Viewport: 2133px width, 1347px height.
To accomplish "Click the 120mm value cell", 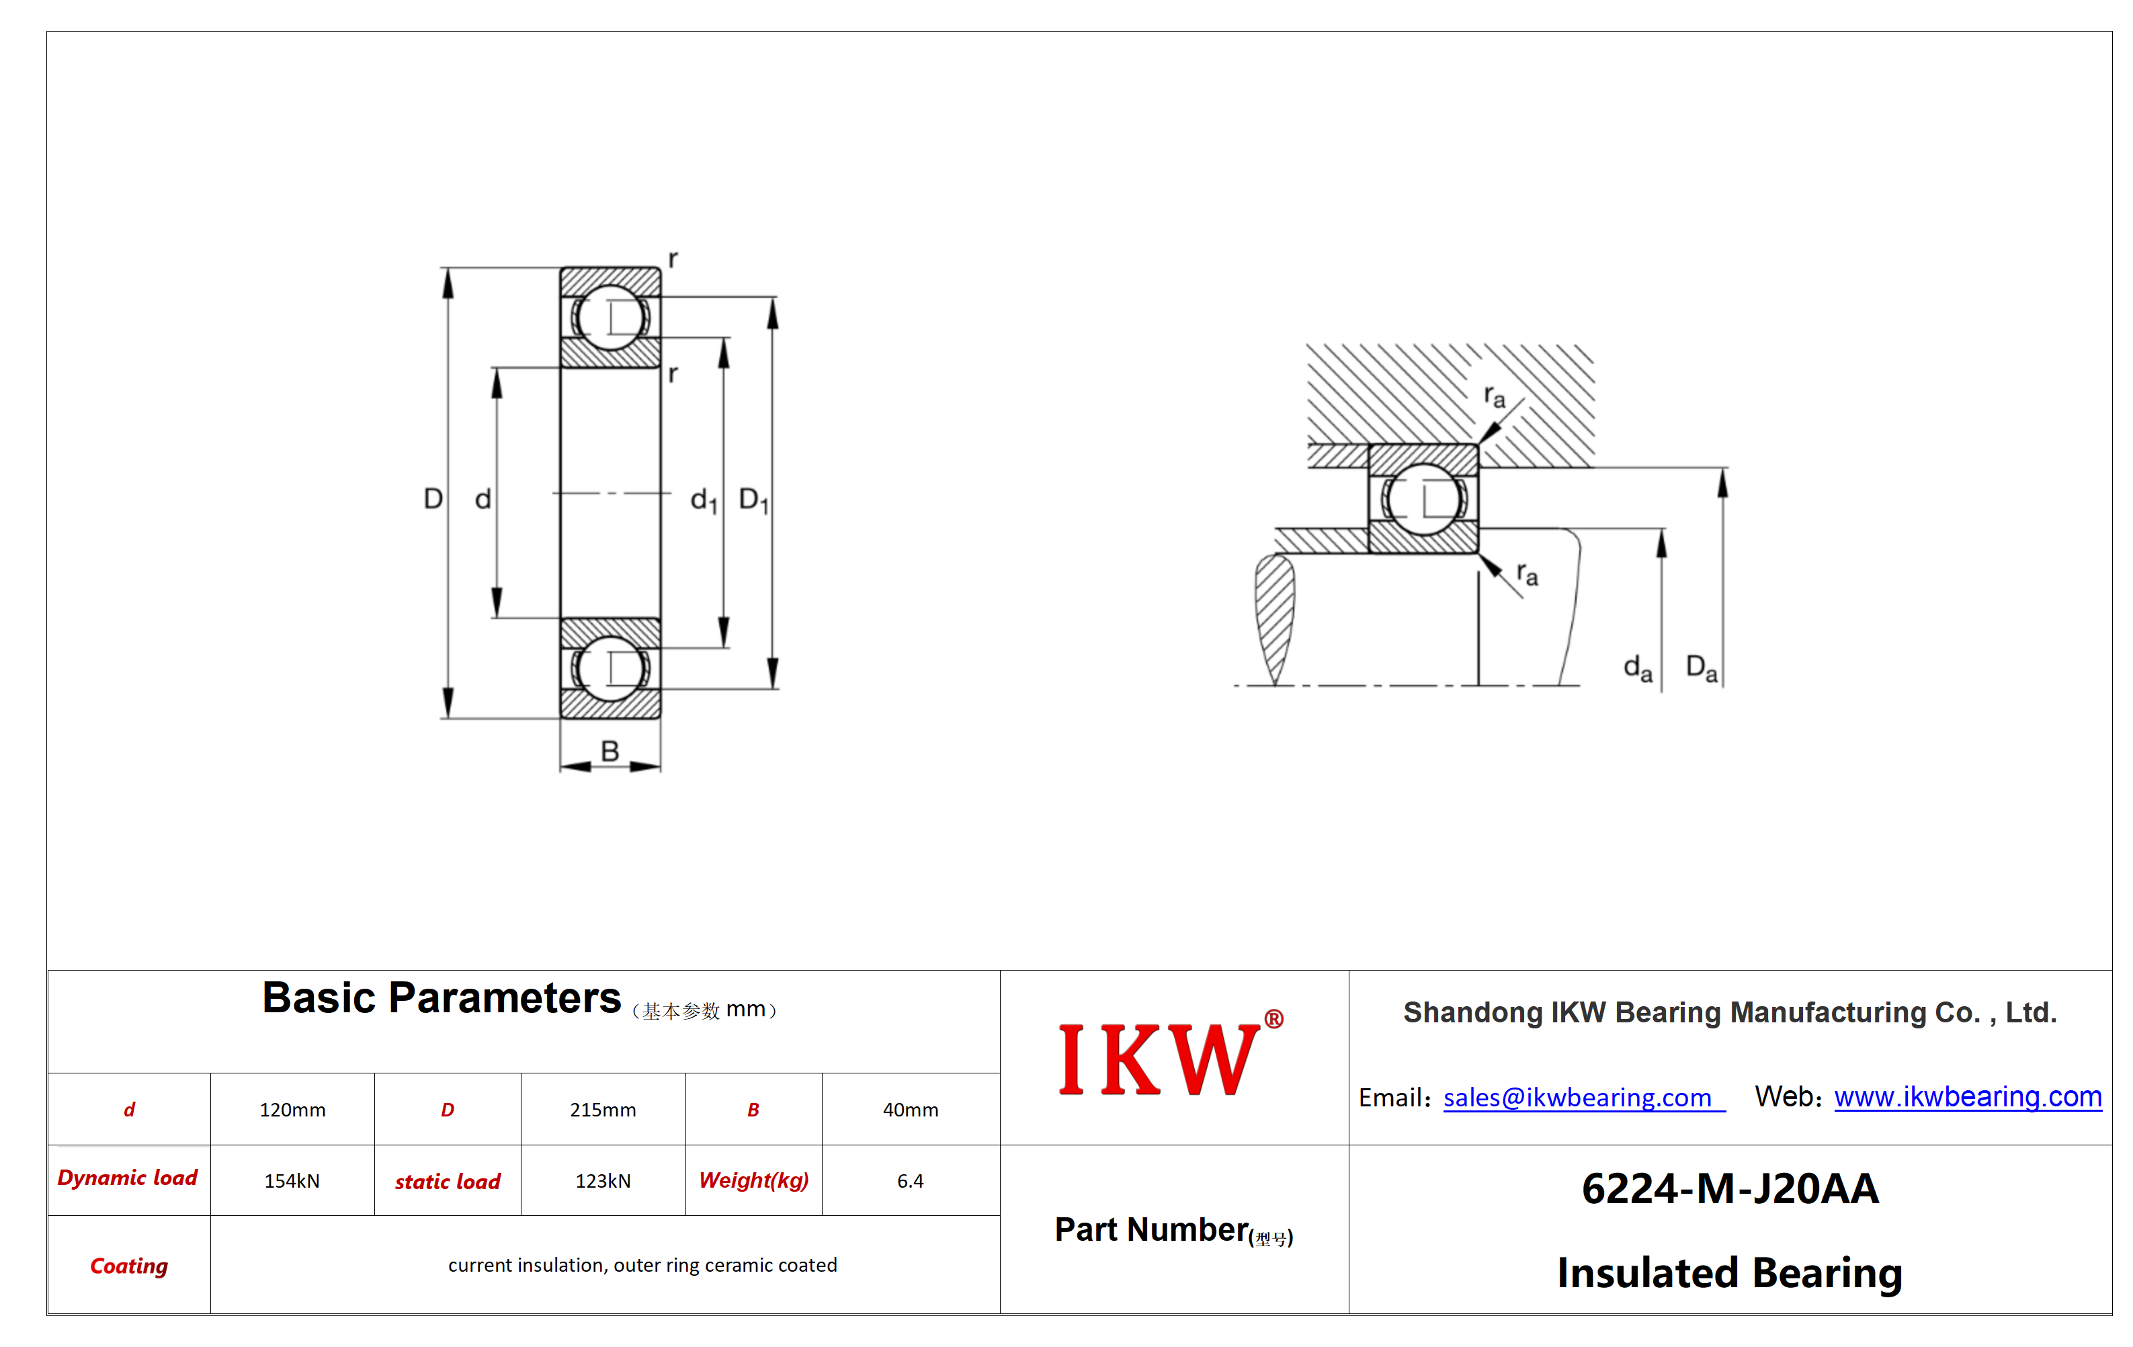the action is click(x=292, y=1110).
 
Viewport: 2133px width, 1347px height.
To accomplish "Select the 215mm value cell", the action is click(x=603, y=1110).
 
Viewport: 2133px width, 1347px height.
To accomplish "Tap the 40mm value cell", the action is click(x=911, y=1110).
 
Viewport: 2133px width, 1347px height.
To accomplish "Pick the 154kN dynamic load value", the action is click(x=292, y=1180).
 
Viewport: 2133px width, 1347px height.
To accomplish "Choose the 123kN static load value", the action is click(x=603, y=1180).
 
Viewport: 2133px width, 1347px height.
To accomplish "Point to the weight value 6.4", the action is click(x=911, y=1180).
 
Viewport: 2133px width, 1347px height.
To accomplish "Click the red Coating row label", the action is click(x=129, y=1266).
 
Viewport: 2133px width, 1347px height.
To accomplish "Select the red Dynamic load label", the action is click(x=128, y=1178).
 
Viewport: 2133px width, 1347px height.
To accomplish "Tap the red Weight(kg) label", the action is click(x=754, y=1180).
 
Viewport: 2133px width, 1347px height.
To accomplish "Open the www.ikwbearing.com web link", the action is click(x=1968, y=1096).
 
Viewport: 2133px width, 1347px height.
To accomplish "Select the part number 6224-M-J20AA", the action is click(x=1730, y=1188).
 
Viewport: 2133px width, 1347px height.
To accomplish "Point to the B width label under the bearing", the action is click(x=610, y=751).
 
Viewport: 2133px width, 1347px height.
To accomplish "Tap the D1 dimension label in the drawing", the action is click(x=754, y=500).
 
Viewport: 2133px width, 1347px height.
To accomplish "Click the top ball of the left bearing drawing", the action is click(x=610, y=317).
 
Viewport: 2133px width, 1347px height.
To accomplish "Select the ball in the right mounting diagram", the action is click(x=1423, y=499).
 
